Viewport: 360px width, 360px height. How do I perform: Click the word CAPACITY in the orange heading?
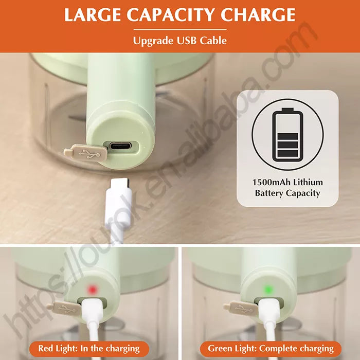point(171,15)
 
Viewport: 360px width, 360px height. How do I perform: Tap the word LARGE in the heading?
point(93,15)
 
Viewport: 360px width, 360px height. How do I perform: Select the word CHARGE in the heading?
point(258,15)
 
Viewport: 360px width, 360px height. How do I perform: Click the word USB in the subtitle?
point(186,41)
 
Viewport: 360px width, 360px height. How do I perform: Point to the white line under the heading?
point(180,30)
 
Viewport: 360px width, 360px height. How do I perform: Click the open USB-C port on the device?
point(120,146)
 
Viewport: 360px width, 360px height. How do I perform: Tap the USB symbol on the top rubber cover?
point(89,154)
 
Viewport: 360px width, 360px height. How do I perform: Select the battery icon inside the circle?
point(287,134)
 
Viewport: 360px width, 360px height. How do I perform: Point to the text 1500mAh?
point(268,182)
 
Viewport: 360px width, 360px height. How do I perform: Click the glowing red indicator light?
point(92,289)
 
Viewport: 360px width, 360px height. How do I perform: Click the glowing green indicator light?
point(268,290)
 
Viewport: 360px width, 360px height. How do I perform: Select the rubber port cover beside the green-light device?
point(241,308)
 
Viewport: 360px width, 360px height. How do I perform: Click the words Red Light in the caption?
point(58,348)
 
